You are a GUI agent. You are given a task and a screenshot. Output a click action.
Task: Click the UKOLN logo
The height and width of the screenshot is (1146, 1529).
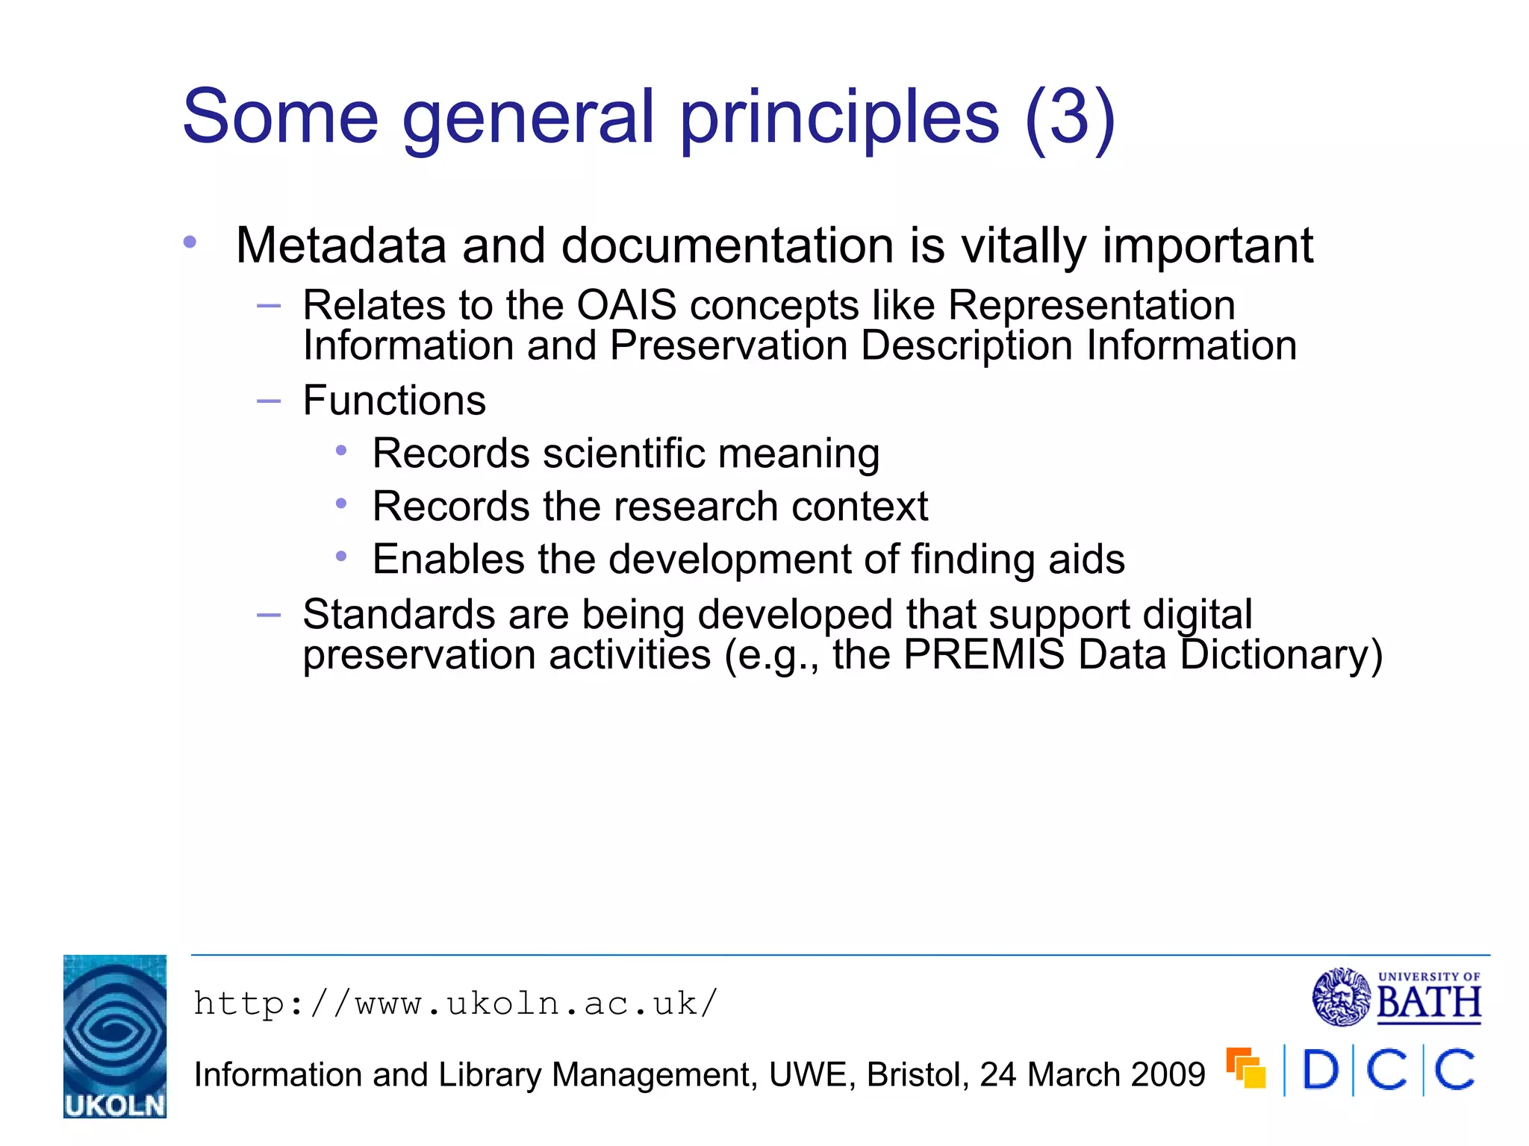coord(114,1036)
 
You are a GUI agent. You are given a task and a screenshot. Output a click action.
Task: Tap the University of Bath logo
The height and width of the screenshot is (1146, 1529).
coord(1397,998)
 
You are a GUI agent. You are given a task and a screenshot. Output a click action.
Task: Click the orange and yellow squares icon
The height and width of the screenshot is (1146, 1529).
coord(1245,1068)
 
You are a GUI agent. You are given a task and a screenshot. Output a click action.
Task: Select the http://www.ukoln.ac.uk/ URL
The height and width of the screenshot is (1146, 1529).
coord(455,1004)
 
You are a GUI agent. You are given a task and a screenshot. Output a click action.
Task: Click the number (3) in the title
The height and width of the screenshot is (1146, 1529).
coord(1071,117)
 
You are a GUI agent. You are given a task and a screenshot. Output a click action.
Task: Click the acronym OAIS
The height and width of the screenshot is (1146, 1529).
coord(626,305)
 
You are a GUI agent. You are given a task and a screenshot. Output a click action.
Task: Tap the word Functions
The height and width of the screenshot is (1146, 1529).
coord(394,401)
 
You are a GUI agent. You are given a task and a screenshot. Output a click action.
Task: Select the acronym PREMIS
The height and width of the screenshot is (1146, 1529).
coord(983,655)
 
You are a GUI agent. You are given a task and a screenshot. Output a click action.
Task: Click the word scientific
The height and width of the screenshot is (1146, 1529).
coord(623,454)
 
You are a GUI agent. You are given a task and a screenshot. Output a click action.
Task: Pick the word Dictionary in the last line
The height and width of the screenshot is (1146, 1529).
coord(1281,655)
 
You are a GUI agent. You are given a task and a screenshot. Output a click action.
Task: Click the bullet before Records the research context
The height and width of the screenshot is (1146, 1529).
coord(341,504)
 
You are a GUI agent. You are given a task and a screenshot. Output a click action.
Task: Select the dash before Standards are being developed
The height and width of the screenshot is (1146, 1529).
coord(268,616)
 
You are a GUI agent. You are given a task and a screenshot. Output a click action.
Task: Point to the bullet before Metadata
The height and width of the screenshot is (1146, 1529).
coord(190,242)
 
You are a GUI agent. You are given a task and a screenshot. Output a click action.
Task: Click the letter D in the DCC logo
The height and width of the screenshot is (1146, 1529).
coord(1320,1070)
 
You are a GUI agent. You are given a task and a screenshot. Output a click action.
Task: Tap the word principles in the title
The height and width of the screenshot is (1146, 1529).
coord(838,117)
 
